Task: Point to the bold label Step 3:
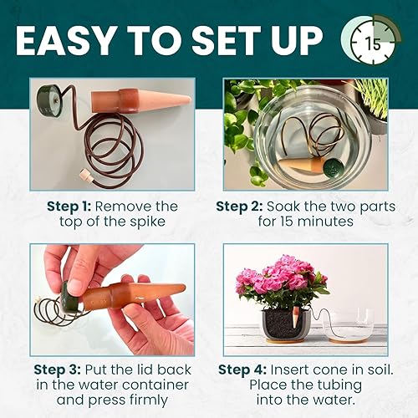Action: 61,369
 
